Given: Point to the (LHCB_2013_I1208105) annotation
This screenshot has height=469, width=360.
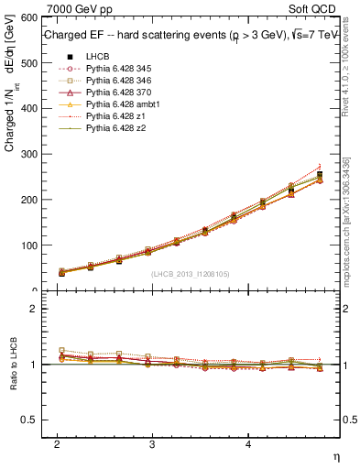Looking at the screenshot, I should click(x=190, y=273).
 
